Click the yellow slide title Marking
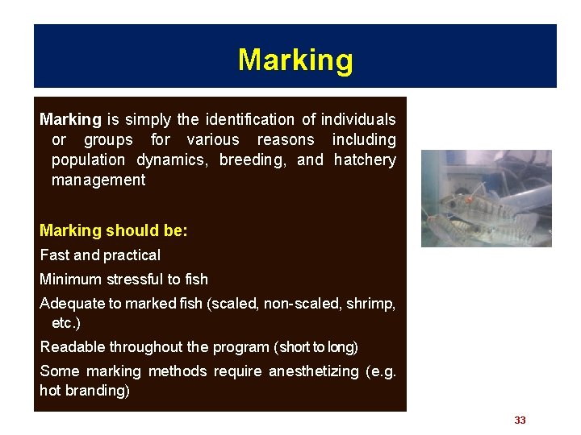point(295,60)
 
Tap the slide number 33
point(520,420)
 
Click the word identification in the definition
point(250,120)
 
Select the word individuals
point(358,120)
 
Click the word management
point(98,180)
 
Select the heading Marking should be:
point(114,231)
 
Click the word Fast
point(54,255)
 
